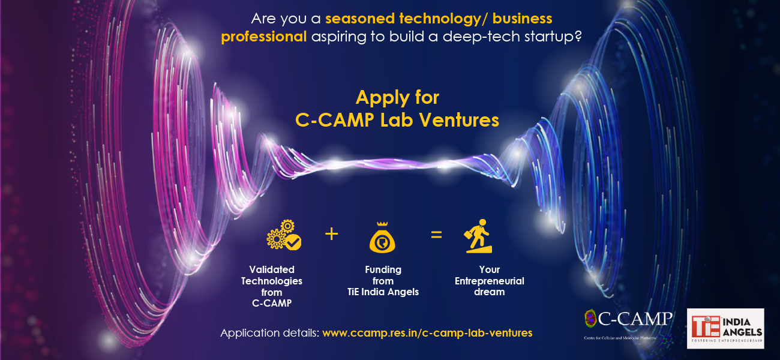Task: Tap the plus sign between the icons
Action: pos(331,234)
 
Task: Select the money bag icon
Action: pos(382,238)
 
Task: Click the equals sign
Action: pos(436,235)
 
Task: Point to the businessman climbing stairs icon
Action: pos(478,236)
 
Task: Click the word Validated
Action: pos(272,269)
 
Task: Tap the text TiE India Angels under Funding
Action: pos(383,292)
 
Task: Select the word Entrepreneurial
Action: pos(489,281)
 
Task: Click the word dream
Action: pos(489,292)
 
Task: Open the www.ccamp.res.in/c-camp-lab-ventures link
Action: pos(427,333)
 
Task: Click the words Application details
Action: pos(269,333)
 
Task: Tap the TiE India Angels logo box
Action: pos(725,328)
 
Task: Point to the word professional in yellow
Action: pos(263,37)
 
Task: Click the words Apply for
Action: pos(397,97)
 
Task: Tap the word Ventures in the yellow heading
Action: pos(459,120)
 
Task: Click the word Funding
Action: pos(383,270)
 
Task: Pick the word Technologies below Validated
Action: pos(272,281)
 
